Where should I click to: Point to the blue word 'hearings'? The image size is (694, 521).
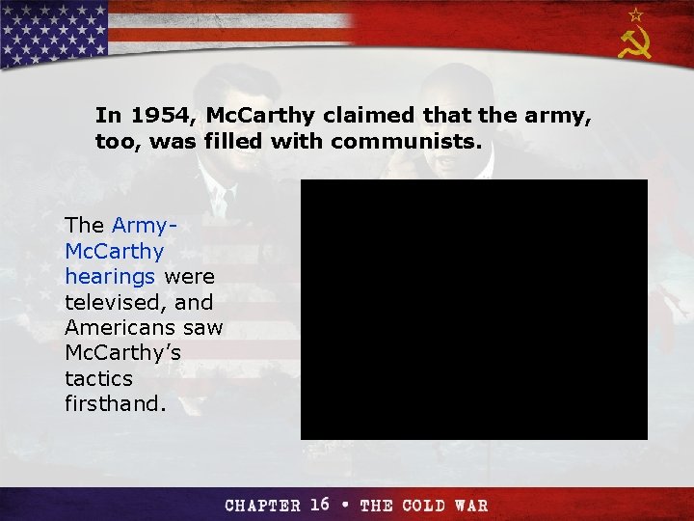111,276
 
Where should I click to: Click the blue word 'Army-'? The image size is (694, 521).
143,225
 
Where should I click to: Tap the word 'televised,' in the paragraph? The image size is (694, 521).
110,301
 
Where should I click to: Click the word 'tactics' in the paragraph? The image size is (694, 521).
98,377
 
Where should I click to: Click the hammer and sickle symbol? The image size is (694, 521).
635,42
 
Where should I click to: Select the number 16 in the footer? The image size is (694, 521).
320,505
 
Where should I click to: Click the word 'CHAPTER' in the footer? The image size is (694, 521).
263,506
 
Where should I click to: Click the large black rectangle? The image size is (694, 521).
473,309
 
